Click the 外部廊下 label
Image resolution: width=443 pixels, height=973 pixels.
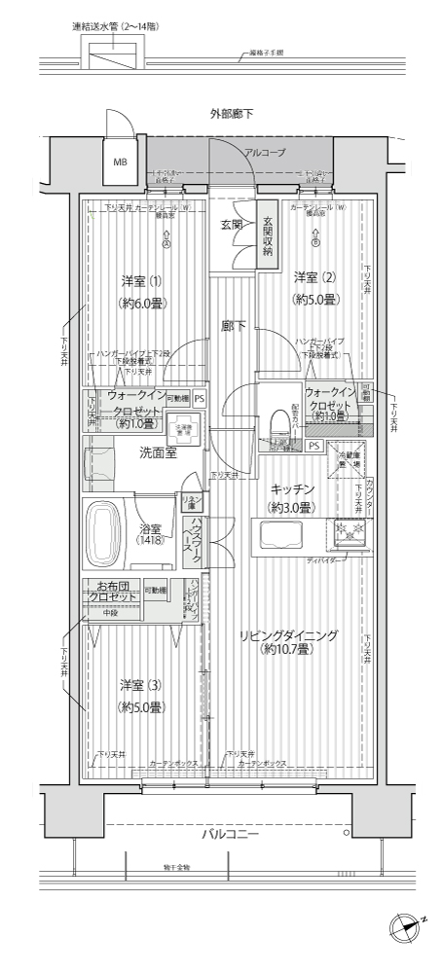(231, 114)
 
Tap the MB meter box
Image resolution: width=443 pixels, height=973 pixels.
(120, 162)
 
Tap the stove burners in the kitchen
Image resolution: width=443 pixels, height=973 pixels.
(348, 533)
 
